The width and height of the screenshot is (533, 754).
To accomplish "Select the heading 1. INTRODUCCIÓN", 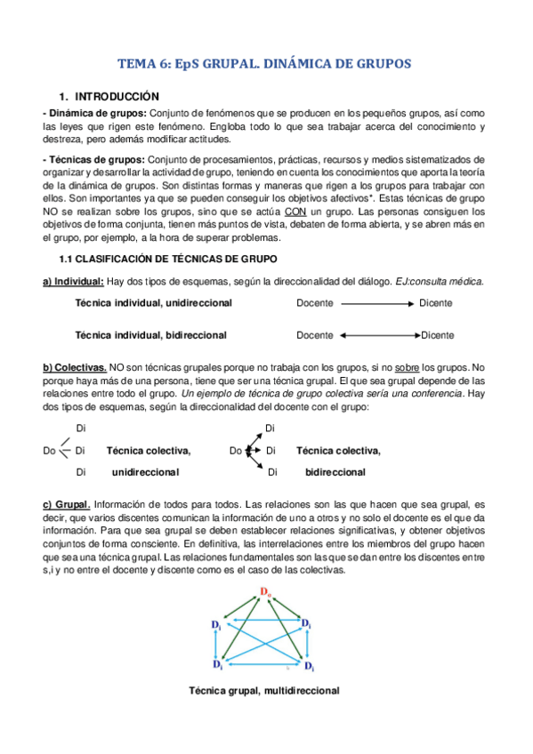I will pyautogui.click(x=109, y=96).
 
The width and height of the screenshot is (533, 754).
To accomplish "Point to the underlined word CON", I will pyautogui.click(x=298, y=212).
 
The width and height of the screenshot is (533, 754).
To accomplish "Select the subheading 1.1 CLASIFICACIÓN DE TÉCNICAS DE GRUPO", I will pyautogui.click(x=167, y=258).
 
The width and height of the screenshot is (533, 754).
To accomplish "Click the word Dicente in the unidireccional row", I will pyautogui.click(x=436, y=303).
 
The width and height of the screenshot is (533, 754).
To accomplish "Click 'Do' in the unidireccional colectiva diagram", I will pyautogui.click(x=49, y=451).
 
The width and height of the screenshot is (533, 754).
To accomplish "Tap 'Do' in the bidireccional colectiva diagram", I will pyautogui.click(x=235, y=451).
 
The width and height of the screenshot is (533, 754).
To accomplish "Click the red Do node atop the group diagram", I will pyautogui.click(x=265, y=591).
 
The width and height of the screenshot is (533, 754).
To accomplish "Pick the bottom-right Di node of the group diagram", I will pyautogui.click(x=307, y=664).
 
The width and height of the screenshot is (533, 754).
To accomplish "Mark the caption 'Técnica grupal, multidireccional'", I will pyautogui.click(x=265, y=690).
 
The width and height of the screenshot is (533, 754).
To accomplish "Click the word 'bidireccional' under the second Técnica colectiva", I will pyautogui.click(x=335, y=472).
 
